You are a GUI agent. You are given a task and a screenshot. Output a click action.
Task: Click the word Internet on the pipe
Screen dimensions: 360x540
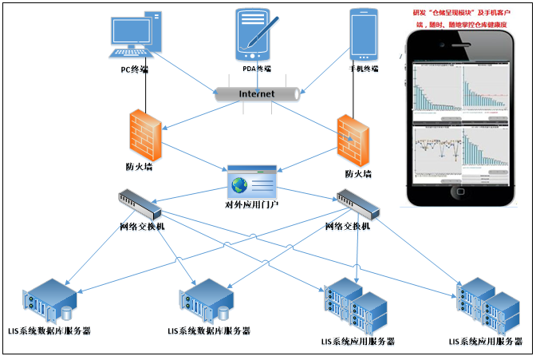pyautogui.click(x=257, y=93)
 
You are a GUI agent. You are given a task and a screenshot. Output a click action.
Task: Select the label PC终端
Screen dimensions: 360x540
pyautogui.click(x=128, y=69)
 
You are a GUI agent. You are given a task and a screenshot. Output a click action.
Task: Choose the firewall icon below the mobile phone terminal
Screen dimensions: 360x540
pyautogui.click(x=353, y=140)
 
